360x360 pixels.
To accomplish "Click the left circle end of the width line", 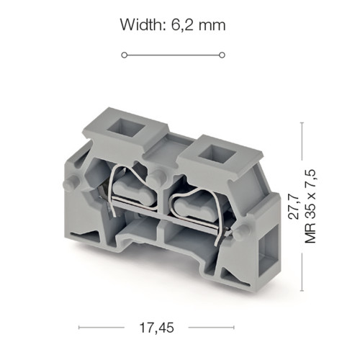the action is pyautogui.click(x=124, y=55).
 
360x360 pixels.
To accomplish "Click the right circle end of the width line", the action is pyautogui.click(x=222, y=55).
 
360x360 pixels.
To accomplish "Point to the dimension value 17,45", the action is pyautogui.click(x=156, y=328).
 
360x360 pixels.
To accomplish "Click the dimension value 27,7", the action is pyautogui.click(x=294, y=207).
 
